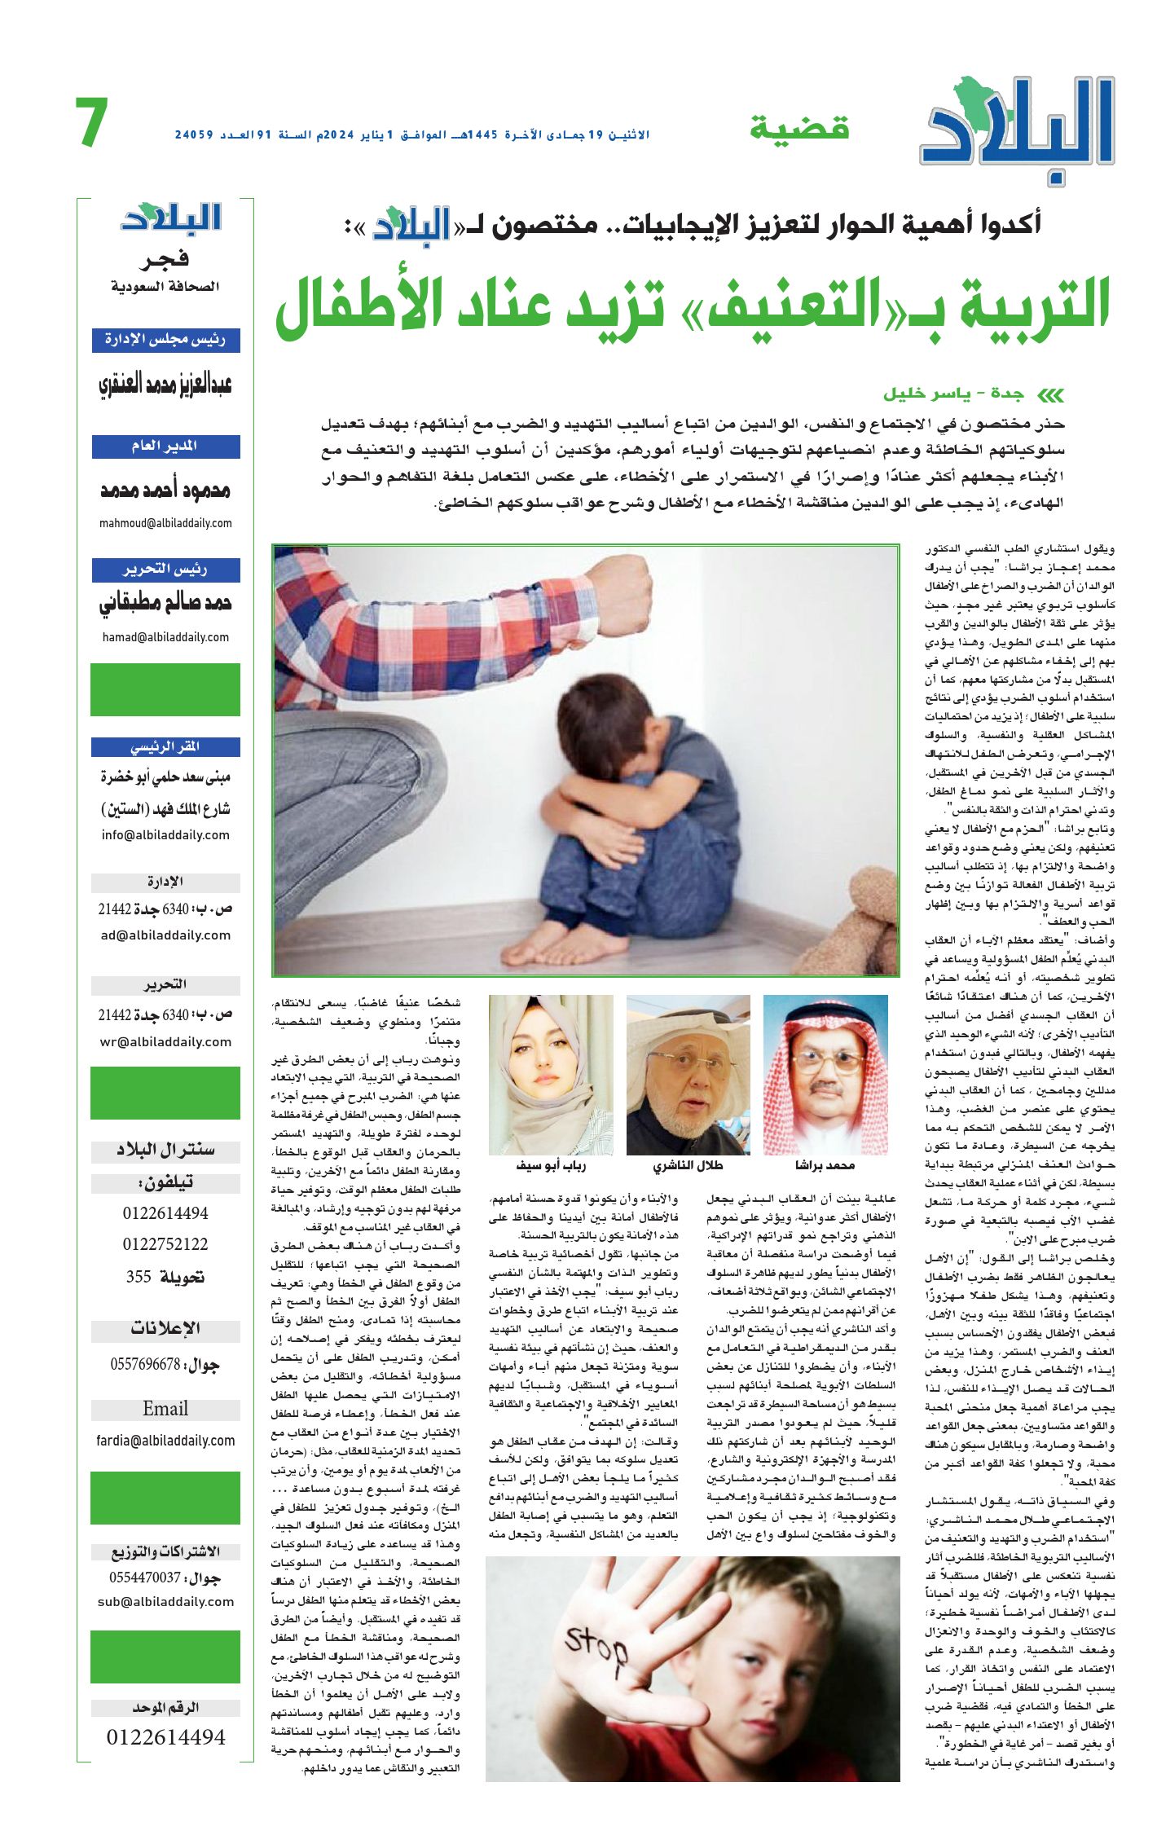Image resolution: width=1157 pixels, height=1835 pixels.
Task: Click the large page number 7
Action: click(92, 124)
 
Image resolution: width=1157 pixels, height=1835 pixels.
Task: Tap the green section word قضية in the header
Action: click(799, 128)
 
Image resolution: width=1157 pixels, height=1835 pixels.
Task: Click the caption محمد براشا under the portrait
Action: click(825, 1165)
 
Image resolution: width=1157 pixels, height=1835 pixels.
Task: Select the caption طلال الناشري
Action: click(688, 1165)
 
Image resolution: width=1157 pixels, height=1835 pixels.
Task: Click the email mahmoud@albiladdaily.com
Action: click(165, 523)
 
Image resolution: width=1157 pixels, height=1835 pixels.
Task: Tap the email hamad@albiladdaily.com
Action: click(165, 637)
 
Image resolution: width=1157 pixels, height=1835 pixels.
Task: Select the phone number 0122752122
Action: click(165, 1244)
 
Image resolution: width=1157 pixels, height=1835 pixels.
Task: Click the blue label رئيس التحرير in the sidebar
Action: click(165, 570)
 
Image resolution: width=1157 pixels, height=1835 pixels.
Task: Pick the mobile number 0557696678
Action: click(145, 1364)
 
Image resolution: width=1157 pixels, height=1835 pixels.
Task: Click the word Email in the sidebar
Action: click(165, 1409)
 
